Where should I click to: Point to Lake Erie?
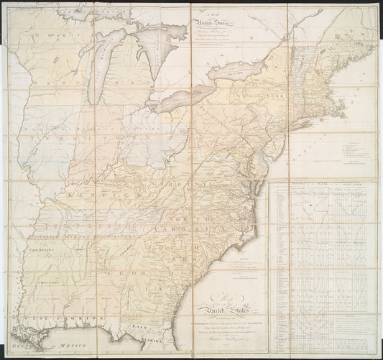[188, 97]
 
